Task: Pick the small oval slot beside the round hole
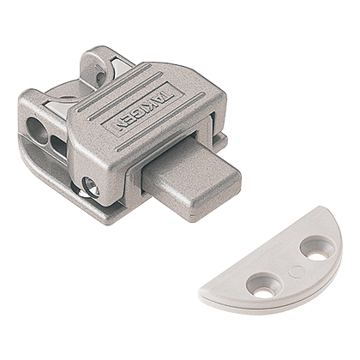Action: pyautogui.click(x=58, y=145)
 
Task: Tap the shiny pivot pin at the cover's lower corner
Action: pyautogui.click(x=90, y=187)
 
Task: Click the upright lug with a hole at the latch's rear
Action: pyautogui.click(x=94, y=69)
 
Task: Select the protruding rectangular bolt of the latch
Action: pyautogui.click(x=192, y=177)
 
